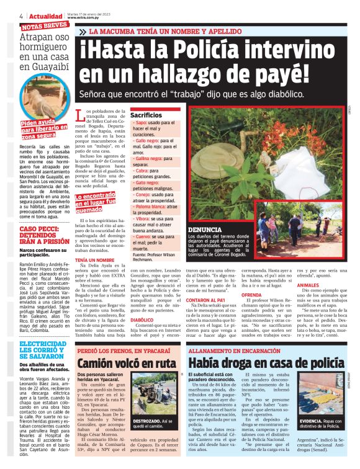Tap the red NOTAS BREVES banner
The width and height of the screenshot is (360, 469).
pyautogui.click(x=45, y=26)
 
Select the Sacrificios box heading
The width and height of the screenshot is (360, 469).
pyautogui.click(x=146, y=115)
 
